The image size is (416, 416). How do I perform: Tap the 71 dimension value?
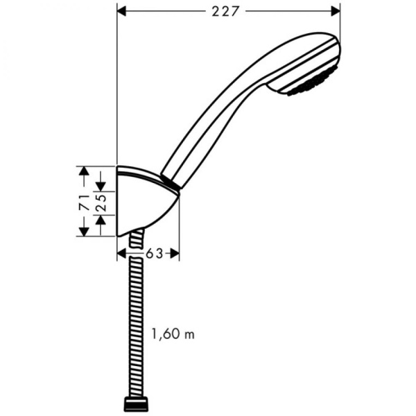point(83,202)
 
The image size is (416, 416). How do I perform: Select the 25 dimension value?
point(101,202)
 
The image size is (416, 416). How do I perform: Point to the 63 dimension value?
point(153,254)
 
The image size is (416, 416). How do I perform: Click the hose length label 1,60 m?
point(173,334)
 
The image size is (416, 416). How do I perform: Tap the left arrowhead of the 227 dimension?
point(122,10)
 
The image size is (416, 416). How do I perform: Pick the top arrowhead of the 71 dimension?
point(83,171)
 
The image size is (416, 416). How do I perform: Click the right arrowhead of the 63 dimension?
point(175,254)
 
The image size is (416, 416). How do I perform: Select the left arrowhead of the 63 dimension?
point(122,254)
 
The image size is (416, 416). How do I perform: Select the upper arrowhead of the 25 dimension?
point(101,187)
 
